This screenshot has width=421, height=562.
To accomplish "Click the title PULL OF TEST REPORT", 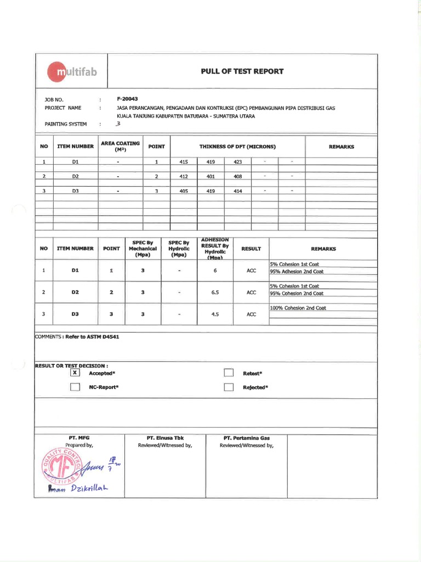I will click(242, 71).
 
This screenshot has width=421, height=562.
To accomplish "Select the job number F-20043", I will click(128, 99).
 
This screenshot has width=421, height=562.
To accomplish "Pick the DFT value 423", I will click(237, 162).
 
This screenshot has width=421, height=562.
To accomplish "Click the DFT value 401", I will click(210, 176).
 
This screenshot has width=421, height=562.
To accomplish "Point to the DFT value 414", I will click(237, 190).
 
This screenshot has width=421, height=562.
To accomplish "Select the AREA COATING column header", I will click(120, 147).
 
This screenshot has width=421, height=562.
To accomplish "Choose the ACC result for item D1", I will click(251, 271).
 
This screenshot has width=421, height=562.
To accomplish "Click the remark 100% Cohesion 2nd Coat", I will click(298, 308).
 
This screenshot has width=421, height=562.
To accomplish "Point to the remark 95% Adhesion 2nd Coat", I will click(297, 272).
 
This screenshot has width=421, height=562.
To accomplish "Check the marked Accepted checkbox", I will click(75, 373).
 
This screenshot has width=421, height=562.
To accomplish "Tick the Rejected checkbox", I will click(229, 387).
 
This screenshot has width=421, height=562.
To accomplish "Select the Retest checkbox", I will click(229, 373).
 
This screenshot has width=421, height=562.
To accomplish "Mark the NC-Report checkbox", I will click(75, 387).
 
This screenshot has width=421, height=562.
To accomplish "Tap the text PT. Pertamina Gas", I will click(247, 438).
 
